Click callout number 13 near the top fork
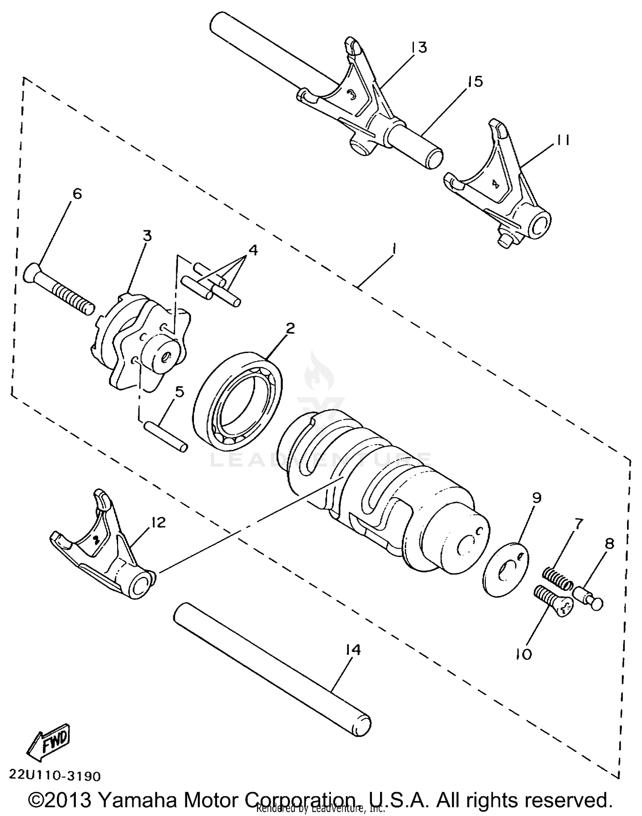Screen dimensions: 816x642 [x=419, y=47]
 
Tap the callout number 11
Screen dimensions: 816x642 [x=562, y=140]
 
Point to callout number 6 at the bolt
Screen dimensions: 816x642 [x=77, y=194]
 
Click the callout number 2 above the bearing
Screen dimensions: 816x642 [x=290, y=329]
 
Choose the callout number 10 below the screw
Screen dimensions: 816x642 [x=523, y=654]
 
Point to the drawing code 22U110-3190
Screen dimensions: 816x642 [x=55, y=776]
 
